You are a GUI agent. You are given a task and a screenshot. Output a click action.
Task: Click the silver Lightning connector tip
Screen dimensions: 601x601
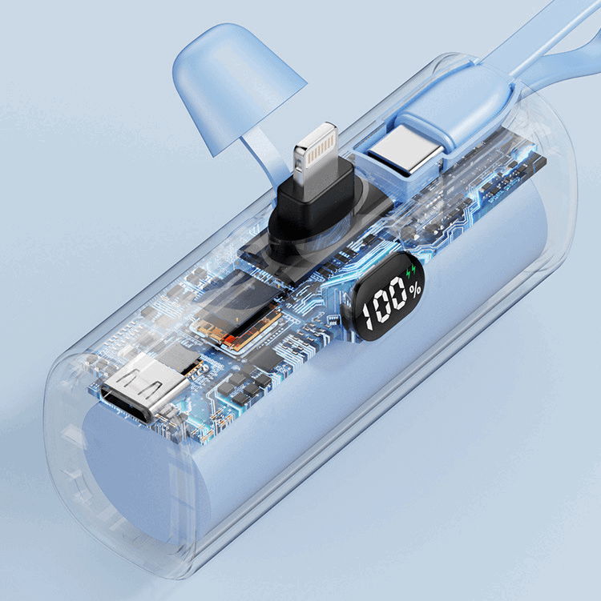click(316, 152)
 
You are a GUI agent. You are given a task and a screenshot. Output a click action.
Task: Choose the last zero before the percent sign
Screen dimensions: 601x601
click(398, 293)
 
